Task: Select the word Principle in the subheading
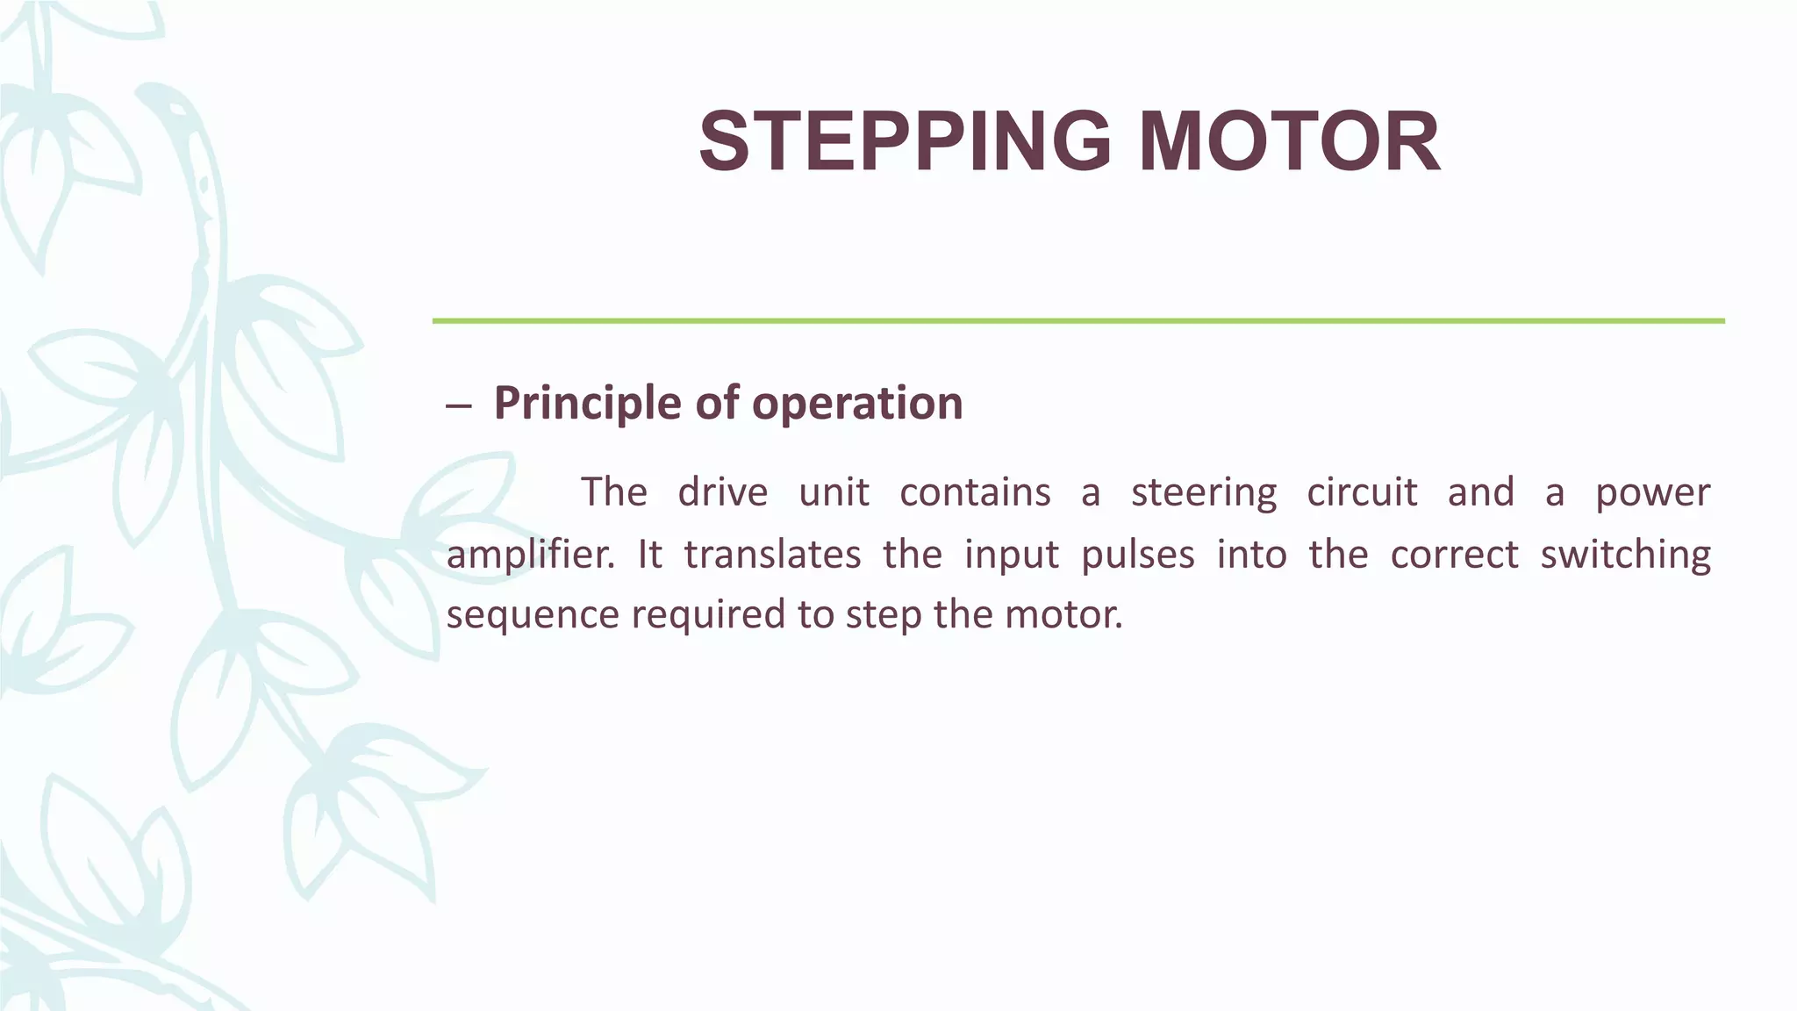point(587,404)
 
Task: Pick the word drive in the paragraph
point(722,492)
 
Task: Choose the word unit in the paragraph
point(834,492)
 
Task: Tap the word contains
point(975,492)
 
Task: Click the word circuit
point(1362,492)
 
